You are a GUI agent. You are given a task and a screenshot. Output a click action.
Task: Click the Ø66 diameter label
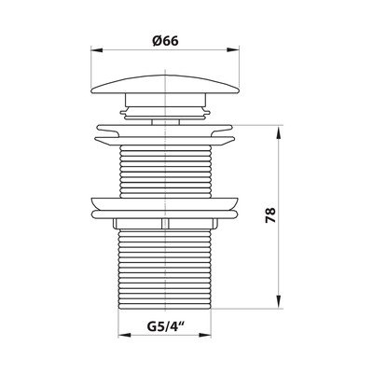165,40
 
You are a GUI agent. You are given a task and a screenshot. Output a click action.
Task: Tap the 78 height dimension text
270,215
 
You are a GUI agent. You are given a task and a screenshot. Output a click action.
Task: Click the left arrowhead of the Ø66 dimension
96,49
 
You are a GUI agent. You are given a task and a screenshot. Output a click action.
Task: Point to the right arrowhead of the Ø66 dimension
233,49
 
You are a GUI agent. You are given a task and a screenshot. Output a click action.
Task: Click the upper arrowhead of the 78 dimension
279,131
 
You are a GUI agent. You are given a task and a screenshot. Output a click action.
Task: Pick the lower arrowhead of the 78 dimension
279,302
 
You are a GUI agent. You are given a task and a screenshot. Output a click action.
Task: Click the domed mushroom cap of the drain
165,84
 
